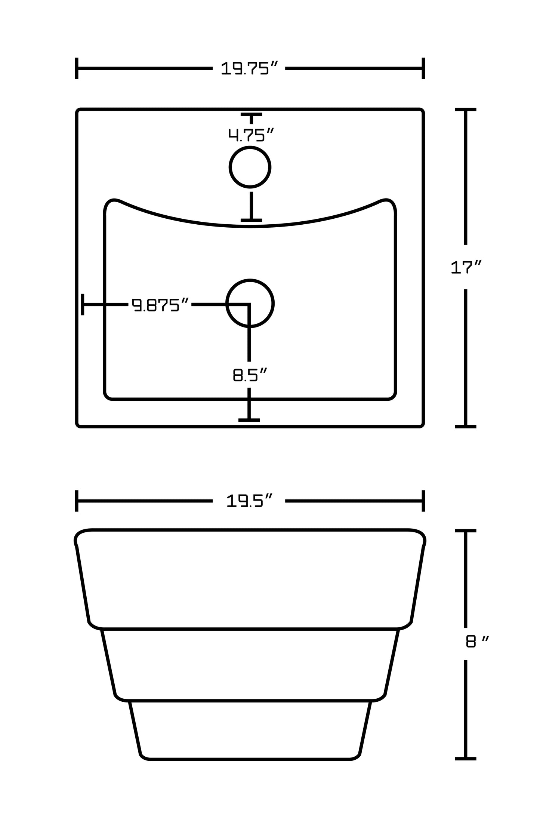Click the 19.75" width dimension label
tap(249, 68)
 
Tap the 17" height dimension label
tap(466, 267)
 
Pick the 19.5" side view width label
tap(249, 501)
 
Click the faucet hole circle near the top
tap(250, 167)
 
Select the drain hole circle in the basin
tap(250, 303)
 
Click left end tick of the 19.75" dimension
tap(77, 68)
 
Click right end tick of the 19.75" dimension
tap(423, 68)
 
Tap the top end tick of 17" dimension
tap(465, 110)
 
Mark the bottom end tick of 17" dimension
tap(465, 426)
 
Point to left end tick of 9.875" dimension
tap(83, 304)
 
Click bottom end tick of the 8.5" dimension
tap(249, 420)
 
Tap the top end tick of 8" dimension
tap(465, 530)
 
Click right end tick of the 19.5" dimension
tap(423, 501)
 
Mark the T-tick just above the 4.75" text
tap(251, 114)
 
